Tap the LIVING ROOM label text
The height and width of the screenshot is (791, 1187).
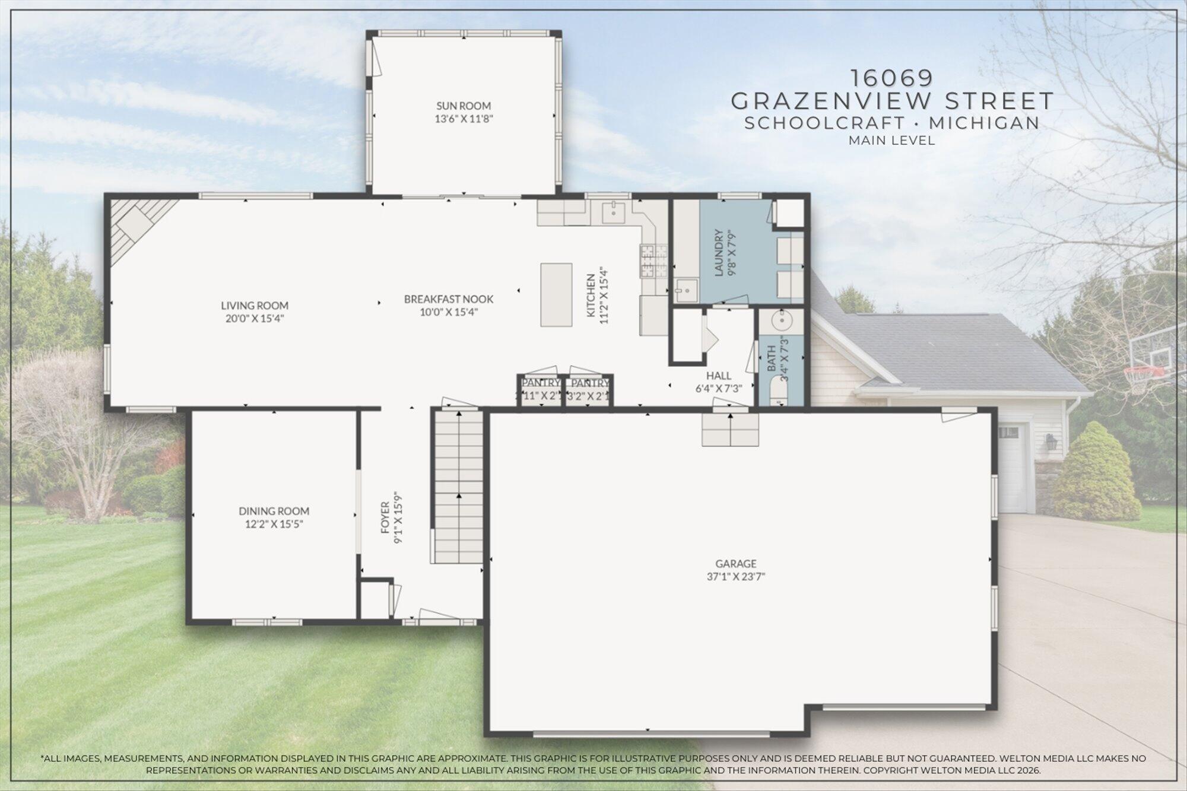pyautogui.click(x=255, y=306)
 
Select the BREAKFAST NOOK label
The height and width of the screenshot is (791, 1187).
pyautogui.click(x=449, y=299)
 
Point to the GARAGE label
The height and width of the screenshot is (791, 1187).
pyautogui.click(x=736, y=564)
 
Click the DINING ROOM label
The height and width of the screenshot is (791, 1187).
pyautogui.click(x=274, y=511)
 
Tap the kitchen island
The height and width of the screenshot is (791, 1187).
pyautogui.click(x=556, y=294)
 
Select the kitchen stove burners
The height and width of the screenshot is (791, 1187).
pyautogui.click(x=647, y=261)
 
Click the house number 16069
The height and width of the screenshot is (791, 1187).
pyautogui.click(x=892, y=78)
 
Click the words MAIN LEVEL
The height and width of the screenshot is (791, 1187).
pyautogui.click(x=891, y=141)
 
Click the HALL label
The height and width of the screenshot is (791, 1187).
pyautogui.click(x=718, y=376)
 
